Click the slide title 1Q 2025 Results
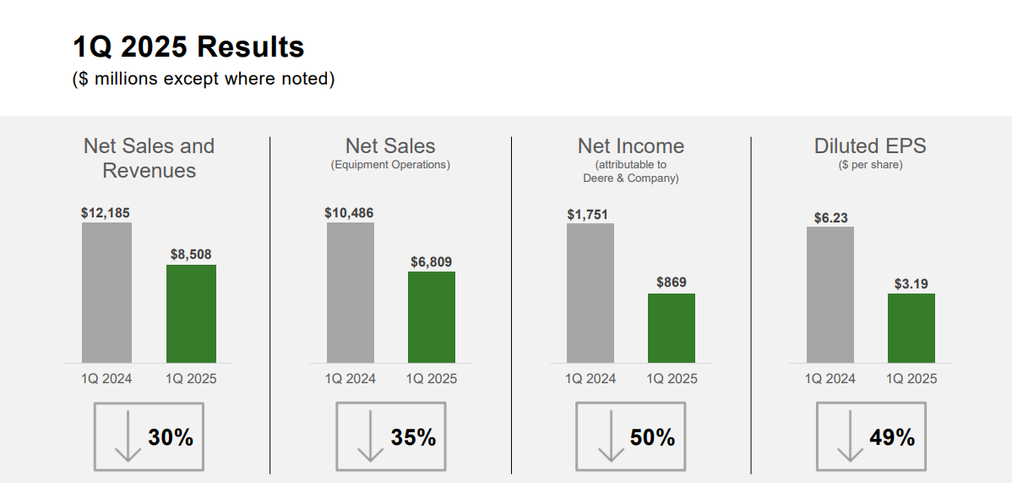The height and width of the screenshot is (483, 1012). point(188,47)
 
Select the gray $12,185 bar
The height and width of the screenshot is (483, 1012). point(106,293)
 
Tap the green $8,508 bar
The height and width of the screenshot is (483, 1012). point(191,314)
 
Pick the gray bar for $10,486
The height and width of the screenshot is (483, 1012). point(350,293)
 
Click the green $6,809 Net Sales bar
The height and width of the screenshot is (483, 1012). point(432,317)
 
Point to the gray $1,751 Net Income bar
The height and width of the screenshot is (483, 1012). point(590,293)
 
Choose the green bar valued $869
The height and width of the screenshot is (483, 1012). point(672,328)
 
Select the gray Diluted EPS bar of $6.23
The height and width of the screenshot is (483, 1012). point(830,294)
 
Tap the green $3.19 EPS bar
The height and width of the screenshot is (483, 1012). point(911,328)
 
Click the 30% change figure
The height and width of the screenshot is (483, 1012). point(171,437)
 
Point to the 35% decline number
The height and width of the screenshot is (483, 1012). point(413,437)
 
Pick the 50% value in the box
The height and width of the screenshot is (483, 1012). point(652,437)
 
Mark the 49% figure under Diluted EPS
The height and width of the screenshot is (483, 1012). point(892,437)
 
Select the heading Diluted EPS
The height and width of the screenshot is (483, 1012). point(870,146)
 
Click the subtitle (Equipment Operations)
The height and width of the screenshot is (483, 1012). point(390,165)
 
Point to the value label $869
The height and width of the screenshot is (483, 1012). point(672,283)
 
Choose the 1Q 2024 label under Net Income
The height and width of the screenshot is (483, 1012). point(590,378)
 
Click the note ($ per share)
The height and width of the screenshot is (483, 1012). point(870,165)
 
